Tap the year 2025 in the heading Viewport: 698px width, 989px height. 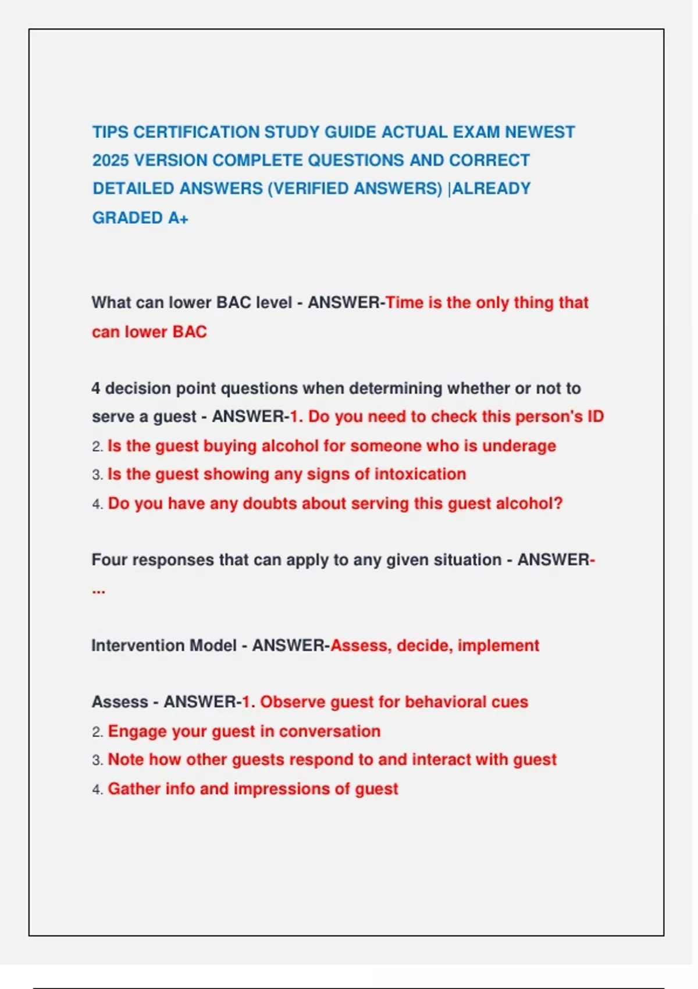point(109,161)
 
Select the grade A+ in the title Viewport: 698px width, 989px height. point(178,218)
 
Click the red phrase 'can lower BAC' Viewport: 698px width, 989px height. point(149,332)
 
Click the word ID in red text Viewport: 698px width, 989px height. point(595,417)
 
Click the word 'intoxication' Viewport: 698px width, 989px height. point(420,474)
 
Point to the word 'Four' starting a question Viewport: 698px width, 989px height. point(109,560)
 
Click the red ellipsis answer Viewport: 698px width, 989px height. point(98,590)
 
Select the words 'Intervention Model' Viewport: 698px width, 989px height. point(163,645)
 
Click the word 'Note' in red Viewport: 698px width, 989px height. point(126,760)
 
